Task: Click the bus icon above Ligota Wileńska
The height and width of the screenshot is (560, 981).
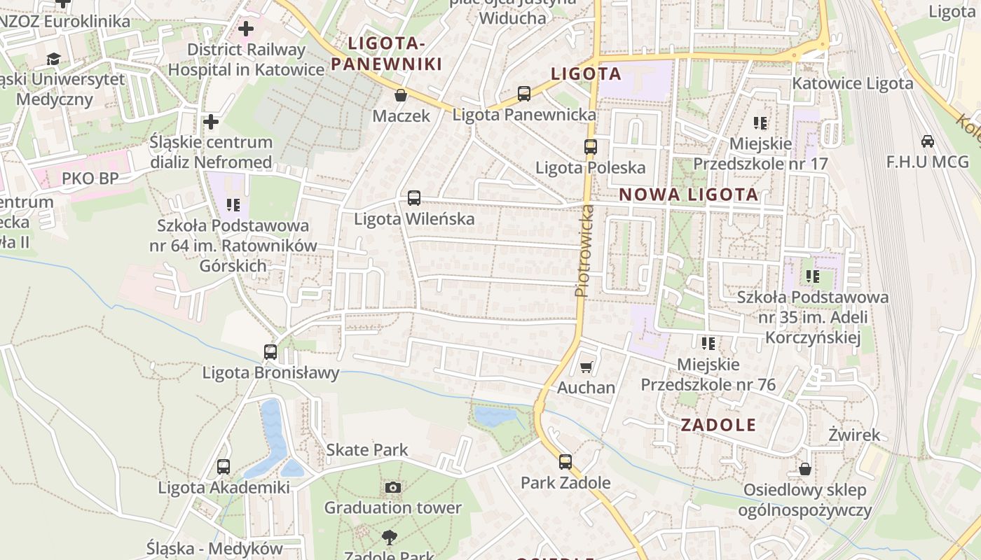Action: tap(414, 198)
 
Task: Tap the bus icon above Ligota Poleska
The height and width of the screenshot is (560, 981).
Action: tap(591, 147)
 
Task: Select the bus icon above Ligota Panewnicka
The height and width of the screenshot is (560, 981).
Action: tap(524, 93)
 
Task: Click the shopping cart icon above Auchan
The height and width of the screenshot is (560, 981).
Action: tap(586, 367)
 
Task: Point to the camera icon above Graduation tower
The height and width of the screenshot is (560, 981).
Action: tap(393, 487)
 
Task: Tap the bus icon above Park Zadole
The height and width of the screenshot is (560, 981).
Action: tap(565, 462)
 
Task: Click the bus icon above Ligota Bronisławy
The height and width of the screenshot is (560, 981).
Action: tap(270, 351)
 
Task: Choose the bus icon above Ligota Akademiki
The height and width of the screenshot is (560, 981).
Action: tap(224, 466)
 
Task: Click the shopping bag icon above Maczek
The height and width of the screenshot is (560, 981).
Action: tap(401, 95)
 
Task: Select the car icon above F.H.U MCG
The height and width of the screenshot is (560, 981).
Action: tap(928, 141)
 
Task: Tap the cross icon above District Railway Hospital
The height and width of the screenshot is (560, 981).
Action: tap(245, 29)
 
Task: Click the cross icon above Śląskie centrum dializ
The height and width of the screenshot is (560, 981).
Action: tap(211, 122)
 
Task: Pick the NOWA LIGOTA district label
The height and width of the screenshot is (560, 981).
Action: tap(689, 195)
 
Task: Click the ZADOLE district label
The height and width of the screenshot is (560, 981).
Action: tap(718, 425)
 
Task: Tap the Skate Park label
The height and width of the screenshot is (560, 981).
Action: tap(367, 449)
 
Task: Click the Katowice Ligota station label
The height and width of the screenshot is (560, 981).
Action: tap(853, 83)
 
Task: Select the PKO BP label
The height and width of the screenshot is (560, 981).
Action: tap(90, 178)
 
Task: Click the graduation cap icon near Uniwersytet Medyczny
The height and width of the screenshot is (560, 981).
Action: tap(54, 59)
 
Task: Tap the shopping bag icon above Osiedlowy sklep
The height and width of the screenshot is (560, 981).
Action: tap(805, 469)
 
